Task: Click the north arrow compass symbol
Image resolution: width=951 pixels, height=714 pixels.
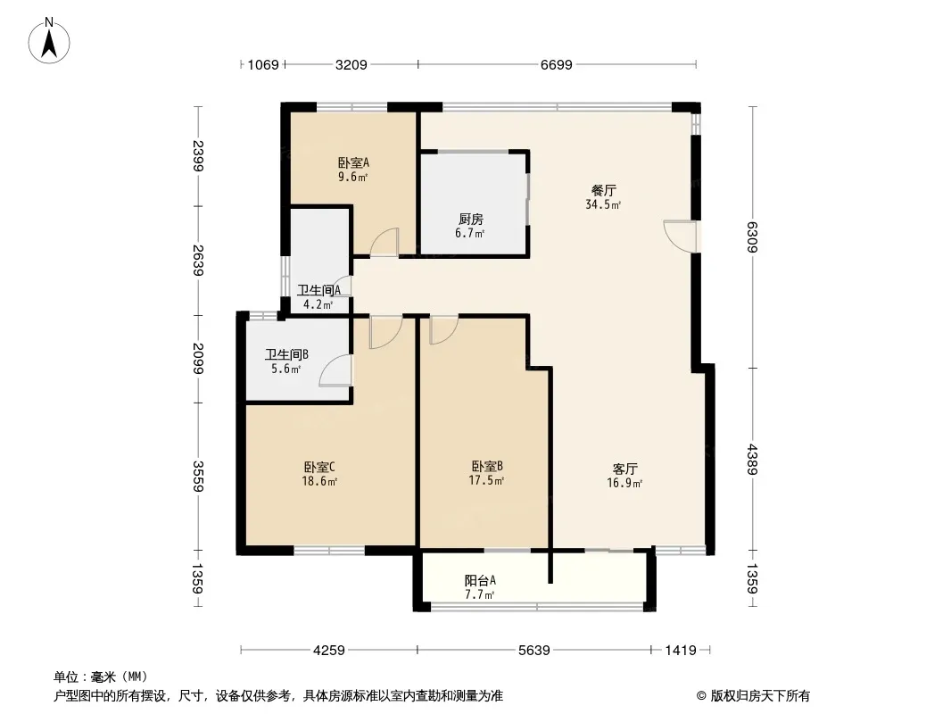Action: coord(49,41)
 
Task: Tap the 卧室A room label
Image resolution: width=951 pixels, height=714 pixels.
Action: coord(353,162)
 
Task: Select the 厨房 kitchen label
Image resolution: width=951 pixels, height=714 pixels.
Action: coord(471,219)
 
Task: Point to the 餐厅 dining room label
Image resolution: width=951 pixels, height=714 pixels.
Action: coord(603,190)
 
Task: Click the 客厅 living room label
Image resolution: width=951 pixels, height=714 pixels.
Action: coord(624,469)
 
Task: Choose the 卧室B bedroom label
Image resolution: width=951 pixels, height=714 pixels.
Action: coord(487,466)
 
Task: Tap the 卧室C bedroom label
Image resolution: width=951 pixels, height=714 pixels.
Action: coord(319,467)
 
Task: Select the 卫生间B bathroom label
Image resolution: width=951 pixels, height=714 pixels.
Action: coord(286,354)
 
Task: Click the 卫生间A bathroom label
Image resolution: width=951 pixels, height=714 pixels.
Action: coord(318,290)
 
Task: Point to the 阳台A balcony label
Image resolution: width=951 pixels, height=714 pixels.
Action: coord(480,580)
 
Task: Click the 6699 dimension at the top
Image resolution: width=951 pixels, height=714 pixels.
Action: coord(556,64)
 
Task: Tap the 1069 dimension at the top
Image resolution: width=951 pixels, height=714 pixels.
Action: coord(263,64)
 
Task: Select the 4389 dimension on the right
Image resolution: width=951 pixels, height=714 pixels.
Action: coord(752,460)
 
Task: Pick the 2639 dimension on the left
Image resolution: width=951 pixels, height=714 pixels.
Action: coord(198,261)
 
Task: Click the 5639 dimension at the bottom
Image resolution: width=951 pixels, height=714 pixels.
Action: coord(533,651)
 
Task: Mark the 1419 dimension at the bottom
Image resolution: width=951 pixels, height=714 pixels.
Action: coord(681,651)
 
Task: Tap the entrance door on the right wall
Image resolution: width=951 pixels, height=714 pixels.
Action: coord(680,236)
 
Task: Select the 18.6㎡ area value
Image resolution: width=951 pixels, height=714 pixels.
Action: coord(319,482)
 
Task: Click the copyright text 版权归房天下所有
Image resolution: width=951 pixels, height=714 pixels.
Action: coord(760,696)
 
